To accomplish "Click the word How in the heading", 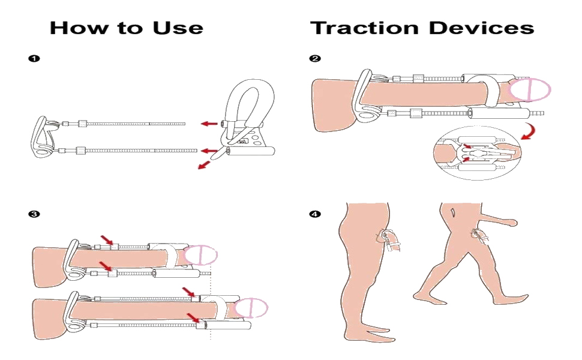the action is tap(74, 28).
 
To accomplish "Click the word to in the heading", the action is tap(126, 28).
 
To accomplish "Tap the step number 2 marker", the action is tap(314, 59).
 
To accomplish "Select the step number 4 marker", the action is tap(314, 214).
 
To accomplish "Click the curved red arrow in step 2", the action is tap(528, 131).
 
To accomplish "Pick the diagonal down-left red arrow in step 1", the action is tap(205, 164).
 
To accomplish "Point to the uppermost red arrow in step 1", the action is tap(209, 124).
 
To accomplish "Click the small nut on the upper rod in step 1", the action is tap(83, 124).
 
